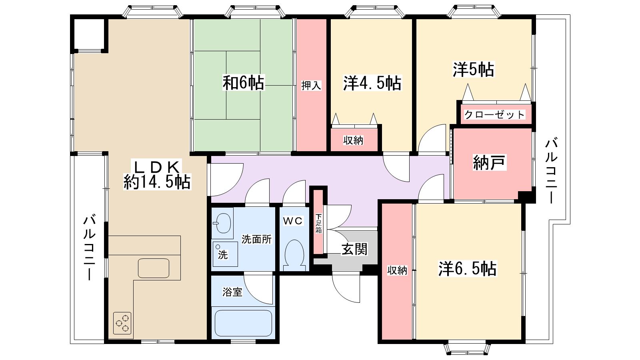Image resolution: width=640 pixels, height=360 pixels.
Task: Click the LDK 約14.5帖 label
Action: click(157, 174)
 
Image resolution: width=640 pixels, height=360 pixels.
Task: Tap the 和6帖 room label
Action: click(244, 82)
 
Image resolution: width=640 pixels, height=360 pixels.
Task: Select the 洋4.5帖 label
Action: click(372, 83)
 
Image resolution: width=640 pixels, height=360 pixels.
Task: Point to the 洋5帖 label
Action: click(474, 70)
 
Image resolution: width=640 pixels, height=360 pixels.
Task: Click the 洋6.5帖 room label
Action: click(468, 268)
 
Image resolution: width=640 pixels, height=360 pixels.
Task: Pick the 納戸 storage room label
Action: click(490, 162)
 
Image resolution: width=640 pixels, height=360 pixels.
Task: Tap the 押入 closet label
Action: click(311, 86)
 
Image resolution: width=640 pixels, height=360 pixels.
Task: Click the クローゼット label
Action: click(494, 114)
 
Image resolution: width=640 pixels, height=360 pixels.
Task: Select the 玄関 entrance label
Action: click(354, 249)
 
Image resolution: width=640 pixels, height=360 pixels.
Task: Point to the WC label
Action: click(293, 221)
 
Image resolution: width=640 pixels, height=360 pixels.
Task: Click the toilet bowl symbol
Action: click(294, 255)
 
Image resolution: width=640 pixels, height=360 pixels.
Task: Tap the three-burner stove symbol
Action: click(122, 323)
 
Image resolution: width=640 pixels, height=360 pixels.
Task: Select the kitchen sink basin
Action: click(154, 268)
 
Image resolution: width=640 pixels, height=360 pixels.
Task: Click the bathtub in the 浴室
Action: click(244, 323)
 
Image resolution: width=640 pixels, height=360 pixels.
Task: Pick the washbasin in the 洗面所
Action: click(222, 223)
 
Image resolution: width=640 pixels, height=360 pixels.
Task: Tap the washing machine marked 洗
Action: click(225, 254)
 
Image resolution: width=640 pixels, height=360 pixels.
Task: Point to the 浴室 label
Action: click(232, 292)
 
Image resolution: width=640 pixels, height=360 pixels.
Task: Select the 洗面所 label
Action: click(256, 239)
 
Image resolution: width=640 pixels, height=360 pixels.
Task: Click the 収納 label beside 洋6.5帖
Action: click(397, 270)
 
